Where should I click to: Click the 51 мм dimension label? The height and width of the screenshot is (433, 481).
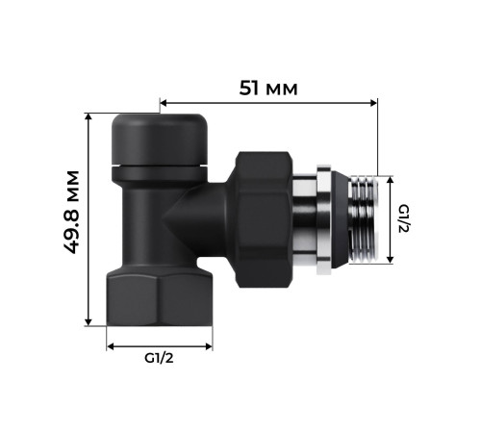click(x=268, y=88)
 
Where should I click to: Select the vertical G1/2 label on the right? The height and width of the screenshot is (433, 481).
click(x=405, y=218)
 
